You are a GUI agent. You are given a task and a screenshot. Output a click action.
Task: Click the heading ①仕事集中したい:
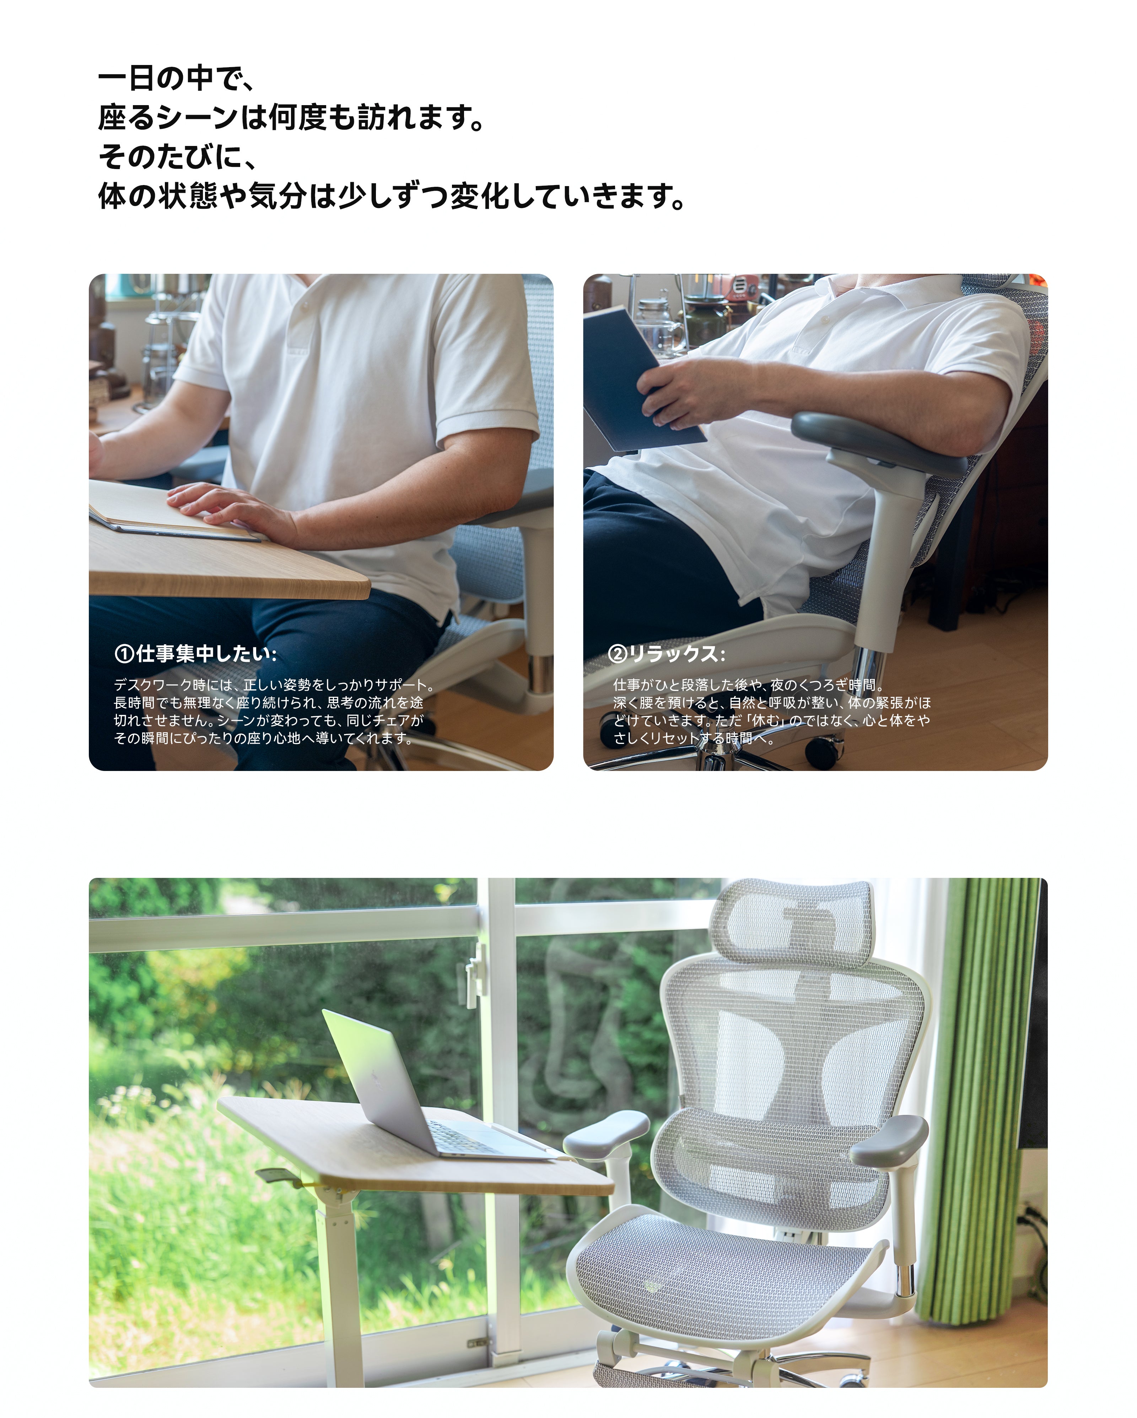pos(195,654)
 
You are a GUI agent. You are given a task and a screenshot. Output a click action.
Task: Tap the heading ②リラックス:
pos(666,654)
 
